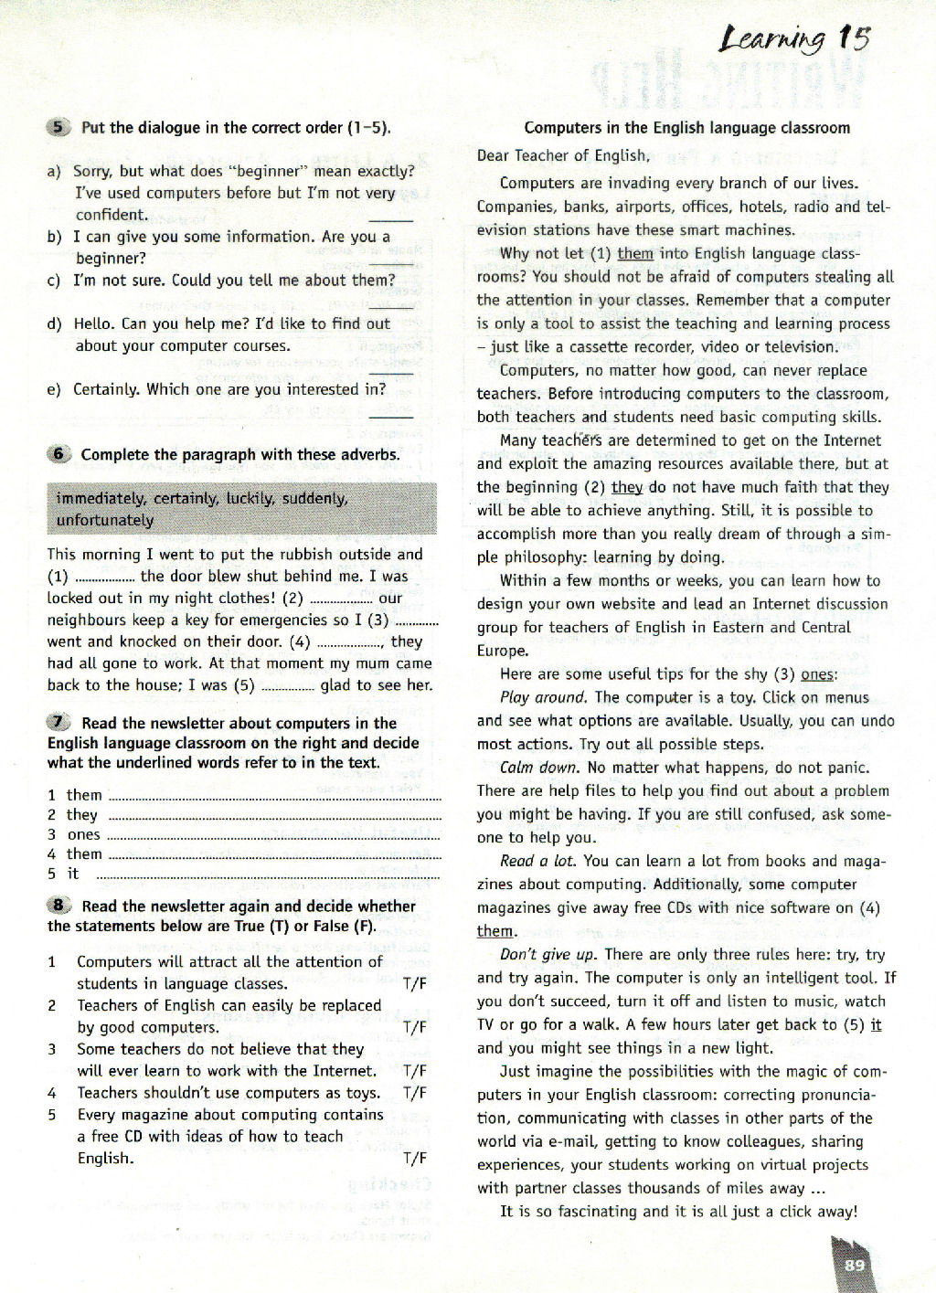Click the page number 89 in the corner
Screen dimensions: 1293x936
pos(855,1265)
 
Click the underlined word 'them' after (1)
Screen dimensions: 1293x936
pos(634,254)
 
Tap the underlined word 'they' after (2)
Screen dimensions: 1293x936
pos(627,487)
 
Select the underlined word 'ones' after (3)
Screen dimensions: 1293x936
pos(817,674)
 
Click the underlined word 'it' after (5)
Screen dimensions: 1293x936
pos(876,1024)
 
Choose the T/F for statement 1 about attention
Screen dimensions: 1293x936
pos(414,984)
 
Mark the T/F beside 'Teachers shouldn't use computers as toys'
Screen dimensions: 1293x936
pos(414,1093)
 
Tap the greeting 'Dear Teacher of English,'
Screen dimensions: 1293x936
pos(563,155)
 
